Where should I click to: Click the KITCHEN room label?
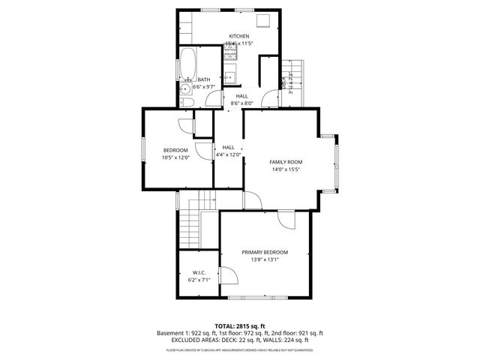(x=239, y=36)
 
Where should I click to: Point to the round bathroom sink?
(x=185, y=88)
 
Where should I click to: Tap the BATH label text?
(x=203, y=79)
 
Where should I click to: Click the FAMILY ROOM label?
(x=286, y=162)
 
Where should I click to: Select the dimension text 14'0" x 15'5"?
(x=286, y=170)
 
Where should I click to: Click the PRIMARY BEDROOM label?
(x=265, y=252)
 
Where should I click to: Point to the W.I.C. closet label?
(x=199, y=272)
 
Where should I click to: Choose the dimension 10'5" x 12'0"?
(x=175, y=157)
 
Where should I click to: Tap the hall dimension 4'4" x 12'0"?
(x=229, y=155)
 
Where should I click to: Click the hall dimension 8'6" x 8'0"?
(x=241, y=103)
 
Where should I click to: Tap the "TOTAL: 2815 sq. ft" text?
(x=239, y=325)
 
